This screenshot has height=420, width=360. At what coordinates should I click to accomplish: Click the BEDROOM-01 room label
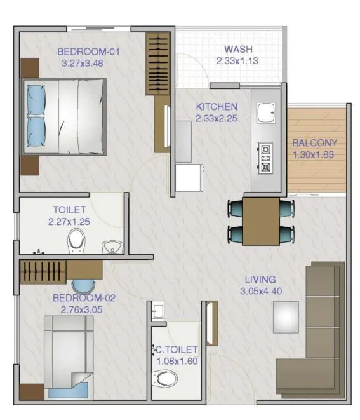[x=89, y=52]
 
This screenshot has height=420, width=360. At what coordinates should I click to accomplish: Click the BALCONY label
[x=315, y=143]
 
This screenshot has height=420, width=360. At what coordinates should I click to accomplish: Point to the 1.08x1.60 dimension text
[x=177, y=361]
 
